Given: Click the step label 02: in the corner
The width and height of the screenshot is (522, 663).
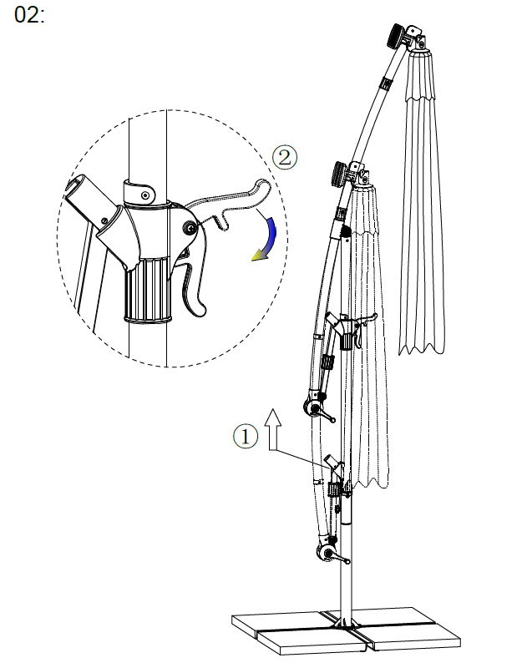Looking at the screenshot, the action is point(29,15).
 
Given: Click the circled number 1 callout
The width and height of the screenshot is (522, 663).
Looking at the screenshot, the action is point(246,436).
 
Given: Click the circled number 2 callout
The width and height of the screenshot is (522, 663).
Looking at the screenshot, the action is point(284,158).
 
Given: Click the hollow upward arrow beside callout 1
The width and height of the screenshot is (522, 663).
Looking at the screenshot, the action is point(273,428).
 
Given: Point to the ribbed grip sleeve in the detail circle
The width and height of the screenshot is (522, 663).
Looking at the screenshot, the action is point(148,291).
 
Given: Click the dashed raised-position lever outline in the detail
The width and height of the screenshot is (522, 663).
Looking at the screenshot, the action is point(229,202).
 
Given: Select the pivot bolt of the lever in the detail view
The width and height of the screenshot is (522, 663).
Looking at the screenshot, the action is point(190,228).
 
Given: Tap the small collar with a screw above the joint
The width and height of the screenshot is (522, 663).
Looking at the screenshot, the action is point(139,193).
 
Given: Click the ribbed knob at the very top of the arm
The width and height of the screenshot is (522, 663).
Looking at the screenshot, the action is point(397,36).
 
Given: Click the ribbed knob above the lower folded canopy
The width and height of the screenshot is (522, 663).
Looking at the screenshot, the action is point(340,175).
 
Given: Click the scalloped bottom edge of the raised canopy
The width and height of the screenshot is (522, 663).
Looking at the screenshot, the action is point(422,349).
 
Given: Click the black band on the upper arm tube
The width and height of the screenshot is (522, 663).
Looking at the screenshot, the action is point(386,83).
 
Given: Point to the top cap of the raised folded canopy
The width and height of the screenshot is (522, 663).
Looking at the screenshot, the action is point(420,53).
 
